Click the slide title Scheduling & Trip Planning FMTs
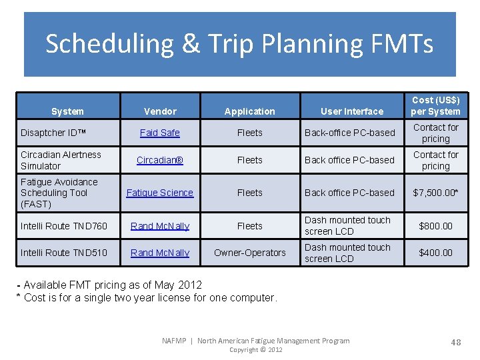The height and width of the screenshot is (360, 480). [239, 44]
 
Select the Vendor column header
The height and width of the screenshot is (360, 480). [160, 111]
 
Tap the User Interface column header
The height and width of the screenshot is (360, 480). [352, 111]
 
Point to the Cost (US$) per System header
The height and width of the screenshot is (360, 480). [435, 105]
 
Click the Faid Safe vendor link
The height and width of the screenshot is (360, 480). [160, 133]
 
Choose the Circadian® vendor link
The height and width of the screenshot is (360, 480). [160, 160]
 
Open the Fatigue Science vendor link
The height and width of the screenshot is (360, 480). [160, 193]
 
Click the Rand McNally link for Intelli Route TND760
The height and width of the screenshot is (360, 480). [160, 226]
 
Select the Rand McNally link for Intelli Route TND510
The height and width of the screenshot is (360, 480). [160, 253]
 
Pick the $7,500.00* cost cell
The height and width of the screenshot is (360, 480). [435, 193]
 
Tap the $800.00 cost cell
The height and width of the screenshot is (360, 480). [435, 226]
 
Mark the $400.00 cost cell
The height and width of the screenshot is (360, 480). [435, 253]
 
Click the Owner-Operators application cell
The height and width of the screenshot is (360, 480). [250, 253]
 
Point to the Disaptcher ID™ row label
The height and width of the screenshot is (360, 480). [53, 133]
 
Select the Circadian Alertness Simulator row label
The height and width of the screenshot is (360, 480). [61, 160]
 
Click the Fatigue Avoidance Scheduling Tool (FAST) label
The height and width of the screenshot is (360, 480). [59, 193]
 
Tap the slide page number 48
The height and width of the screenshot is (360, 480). [456, 342]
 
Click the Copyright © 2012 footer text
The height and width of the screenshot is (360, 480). [255, 349]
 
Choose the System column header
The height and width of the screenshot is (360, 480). [67, 111]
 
